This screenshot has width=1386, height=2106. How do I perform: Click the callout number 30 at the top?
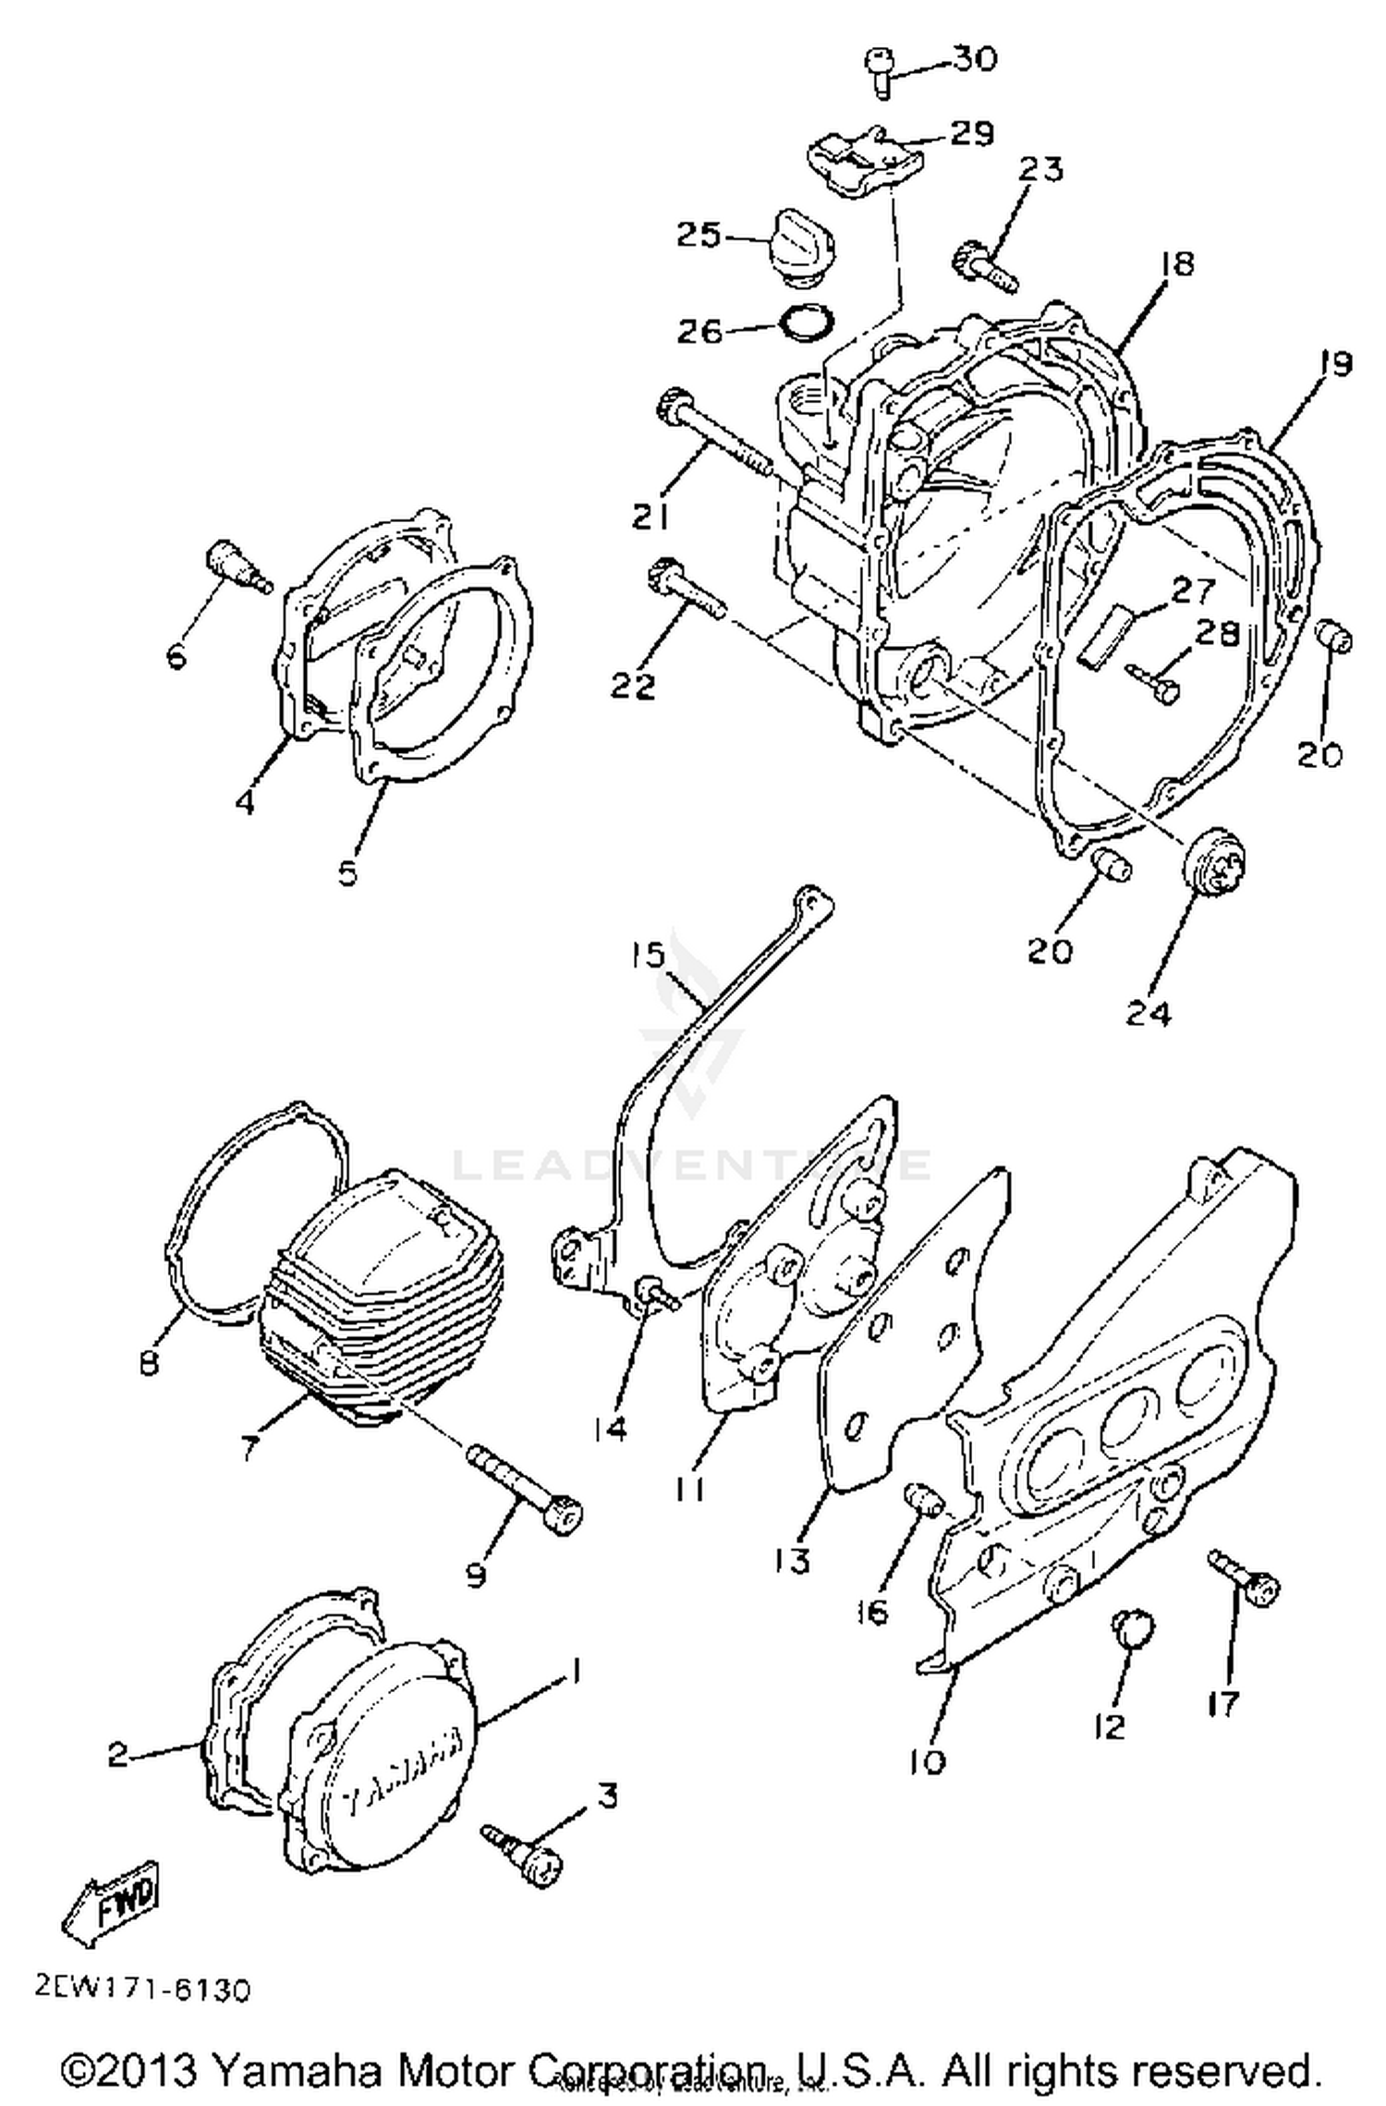[x=975, y=59]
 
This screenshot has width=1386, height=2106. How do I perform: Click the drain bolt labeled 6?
[x=237, y=566]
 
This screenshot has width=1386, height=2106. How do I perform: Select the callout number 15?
[x=649, y=954]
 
